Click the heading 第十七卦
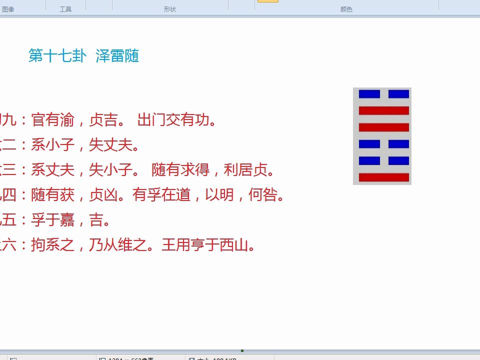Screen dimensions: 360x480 (57, 56)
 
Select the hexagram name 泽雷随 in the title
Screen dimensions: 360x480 (117, 56)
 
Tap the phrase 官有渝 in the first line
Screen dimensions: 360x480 (52, 120)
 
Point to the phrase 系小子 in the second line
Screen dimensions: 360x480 (52, 145)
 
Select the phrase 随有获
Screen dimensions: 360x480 (52, 195)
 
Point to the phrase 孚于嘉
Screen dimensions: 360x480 (52, 220)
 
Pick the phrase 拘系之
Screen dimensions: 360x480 (52, 245)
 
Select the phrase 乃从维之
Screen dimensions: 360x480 (118, 245)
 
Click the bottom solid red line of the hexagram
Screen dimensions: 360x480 (384, 177)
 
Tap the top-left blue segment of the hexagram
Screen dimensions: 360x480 (369, 94)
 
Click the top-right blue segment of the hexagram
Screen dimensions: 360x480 (398, 94)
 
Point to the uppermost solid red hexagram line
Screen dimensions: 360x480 (384, 110)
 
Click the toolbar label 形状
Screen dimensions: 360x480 (170, 9)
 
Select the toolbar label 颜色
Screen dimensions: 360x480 (346, 9)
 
